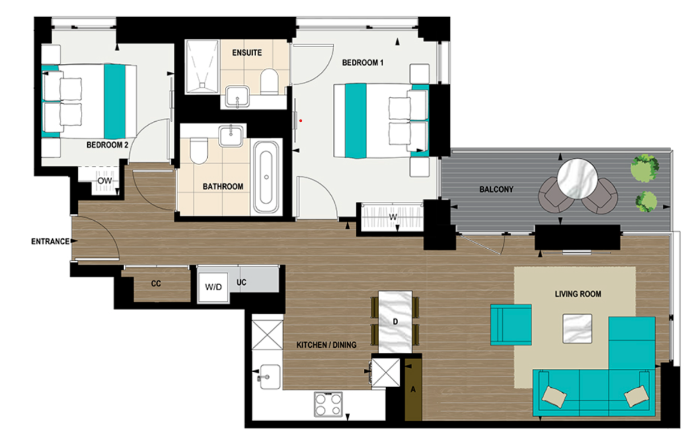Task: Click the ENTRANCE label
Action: click(x=50, y=241)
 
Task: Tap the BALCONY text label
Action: click(x=496, y=190)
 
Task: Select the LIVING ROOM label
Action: click(x=578, y=294)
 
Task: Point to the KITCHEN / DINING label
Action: click(x=327, y=345)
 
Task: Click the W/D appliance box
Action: click(x=213, y=287)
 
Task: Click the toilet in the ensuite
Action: click(x=268, y=81)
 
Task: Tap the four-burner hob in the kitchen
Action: click(x=328, y=405)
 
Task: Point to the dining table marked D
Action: click(x=395, y=322)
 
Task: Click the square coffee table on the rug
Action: click(x=577, y=328)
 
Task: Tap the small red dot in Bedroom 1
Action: click(x=301, y=120)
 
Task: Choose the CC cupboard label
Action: click(x=155, y=283)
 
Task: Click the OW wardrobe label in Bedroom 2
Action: click(x=104, y=181)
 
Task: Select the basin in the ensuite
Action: click(x=236, y=97)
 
